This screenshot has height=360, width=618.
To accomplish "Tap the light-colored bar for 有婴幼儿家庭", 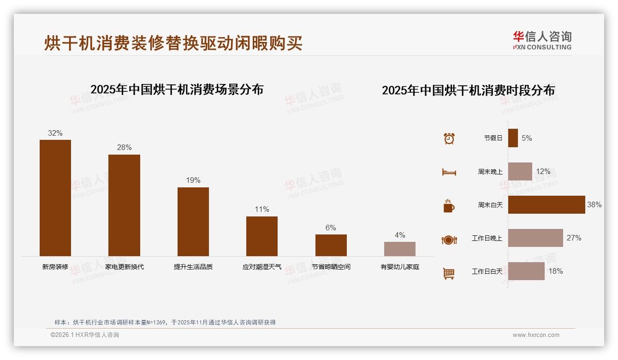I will click(x=399, y=249).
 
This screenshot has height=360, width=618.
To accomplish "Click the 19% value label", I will click(x=193, y=180).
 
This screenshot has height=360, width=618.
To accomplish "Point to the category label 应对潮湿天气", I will click(x=261, y=267).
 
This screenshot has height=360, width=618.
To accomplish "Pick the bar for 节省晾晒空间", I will click(x=331, y=245).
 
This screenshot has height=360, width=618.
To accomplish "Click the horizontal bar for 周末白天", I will click(x=546, y=204).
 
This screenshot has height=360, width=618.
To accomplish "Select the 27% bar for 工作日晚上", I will click(x=535, y=238).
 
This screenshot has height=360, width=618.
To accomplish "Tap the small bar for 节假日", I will click(x=513, y=138).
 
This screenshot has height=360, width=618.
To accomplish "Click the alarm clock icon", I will click(x=449, y=138).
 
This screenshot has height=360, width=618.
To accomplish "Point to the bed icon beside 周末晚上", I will click(x=449, y=172).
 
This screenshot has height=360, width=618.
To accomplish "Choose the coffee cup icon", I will click(x=449, y=206).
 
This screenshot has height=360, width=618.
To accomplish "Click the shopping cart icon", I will click(x=449, y=273).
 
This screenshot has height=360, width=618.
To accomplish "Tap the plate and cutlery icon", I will click(x=449, y=240).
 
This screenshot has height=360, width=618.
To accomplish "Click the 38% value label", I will click(x=594, y=204).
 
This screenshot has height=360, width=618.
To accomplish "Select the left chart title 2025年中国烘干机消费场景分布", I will click(x=177, y=89).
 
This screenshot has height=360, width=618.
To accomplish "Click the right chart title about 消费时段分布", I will click(x=468, y=90).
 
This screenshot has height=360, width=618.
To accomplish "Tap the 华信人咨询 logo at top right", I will click(x=542, y=40).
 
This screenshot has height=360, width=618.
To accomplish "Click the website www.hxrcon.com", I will click(x=536, y=335).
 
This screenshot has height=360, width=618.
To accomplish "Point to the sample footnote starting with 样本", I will click(x=165, y=322).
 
